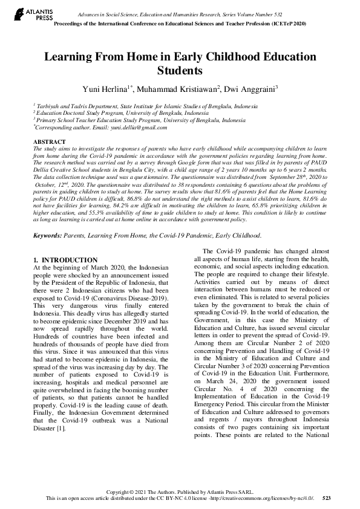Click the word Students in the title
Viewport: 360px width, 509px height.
pos(180,71)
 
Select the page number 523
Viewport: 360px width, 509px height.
pos(327,498)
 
